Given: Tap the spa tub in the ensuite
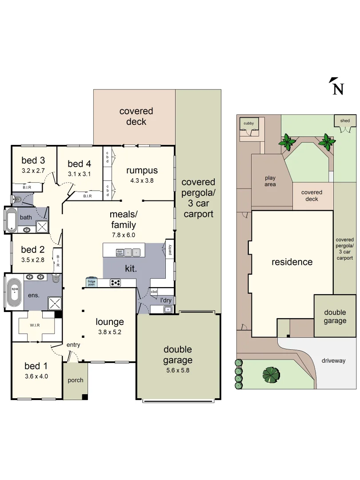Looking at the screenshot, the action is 15,292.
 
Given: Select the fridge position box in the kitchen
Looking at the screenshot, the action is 91,282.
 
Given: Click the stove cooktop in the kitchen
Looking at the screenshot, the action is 116,282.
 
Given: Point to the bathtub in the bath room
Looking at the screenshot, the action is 11,220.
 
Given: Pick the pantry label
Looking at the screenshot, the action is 169,249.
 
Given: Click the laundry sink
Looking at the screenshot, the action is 167,309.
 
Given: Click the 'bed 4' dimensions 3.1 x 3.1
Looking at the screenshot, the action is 79,174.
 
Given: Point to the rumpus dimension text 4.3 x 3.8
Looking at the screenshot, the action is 141,180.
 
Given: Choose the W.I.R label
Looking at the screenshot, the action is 36,324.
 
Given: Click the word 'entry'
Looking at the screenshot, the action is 73,345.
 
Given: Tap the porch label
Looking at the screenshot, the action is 75,380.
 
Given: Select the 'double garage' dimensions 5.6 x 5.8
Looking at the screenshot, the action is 178,370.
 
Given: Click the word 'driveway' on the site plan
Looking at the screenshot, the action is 333,360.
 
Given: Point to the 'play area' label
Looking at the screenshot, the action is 270,181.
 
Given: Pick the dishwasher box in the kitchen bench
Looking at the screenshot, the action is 119,252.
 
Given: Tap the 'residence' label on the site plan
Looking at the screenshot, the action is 292,262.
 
